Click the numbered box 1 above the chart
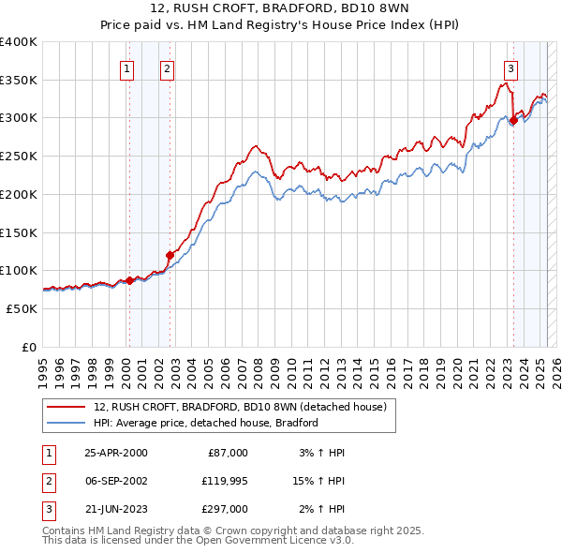pos(126,67)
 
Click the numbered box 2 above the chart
pos(166,67)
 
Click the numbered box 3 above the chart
pos(510,67)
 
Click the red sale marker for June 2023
pos(513,120)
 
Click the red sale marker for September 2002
pos(170,254)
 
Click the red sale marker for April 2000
pos(130,279)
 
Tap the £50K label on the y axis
pos(22,308)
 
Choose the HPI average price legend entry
pos(206,423)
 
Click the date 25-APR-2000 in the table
pos(116,453)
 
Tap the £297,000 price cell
pos(226,509)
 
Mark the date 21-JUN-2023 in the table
pos(116,509)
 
